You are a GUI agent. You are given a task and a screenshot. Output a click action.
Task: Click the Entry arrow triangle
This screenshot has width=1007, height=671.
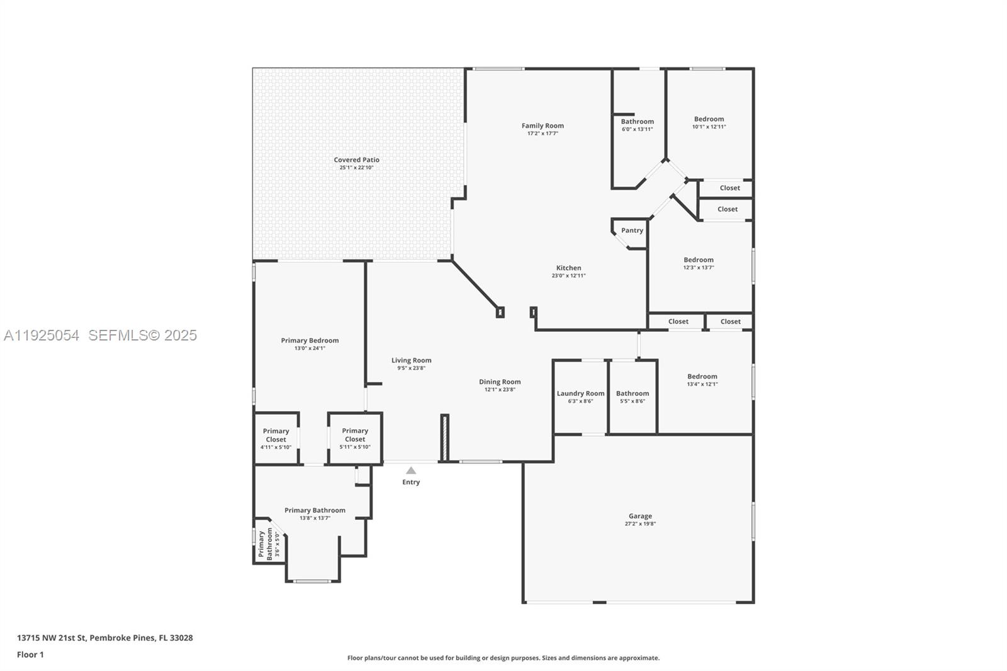coord(411,471)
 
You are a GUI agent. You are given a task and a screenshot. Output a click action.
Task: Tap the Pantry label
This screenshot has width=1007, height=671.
coord(632,230)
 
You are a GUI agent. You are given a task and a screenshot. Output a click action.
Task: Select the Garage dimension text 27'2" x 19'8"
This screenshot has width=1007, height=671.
coord(640,524)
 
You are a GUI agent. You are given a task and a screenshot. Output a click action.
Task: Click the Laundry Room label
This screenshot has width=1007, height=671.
coord(580,393)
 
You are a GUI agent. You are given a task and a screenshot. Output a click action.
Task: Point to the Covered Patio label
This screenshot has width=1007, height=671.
coord(356,160)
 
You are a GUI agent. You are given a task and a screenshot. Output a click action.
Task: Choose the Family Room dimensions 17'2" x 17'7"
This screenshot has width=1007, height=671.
coord(543,133)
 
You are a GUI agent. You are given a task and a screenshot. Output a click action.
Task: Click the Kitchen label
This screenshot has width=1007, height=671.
coord(568,268)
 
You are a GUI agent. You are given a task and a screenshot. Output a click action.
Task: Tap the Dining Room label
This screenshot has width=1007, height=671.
coord(500,381)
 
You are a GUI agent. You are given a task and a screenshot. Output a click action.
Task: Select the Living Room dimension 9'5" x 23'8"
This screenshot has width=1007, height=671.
coord(411,368)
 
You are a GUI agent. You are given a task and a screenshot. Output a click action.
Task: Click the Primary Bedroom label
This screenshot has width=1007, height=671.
coord(310,341)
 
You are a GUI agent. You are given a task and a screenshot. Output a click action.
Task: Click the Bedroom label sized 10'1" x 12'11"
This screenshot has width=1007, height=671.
coord(709,119)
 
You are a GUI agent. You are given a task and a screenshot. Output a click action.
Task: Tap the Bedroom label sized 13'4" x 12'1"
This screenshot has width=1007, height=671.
coord(702,376)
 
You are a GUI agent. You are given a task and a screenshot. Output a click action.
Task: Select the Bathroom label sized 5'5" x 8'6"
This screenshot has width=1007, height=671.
coord(632,393)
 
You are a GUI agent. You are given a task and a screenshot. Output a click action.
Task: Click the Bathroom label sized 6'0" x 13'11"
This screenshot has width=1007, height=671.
coord(637,121)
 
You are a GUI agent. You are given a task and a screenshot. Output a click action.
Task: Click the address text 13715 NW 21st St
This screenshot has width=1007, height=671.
coord(51,638)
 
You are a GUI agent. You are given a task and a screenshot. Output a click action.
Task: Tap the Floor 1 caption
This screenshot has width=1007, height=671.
coord(30,655)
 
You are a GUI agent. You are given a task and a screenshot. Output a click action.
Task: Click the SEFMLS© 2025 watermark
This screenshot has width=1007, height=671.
coord(142,335)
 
